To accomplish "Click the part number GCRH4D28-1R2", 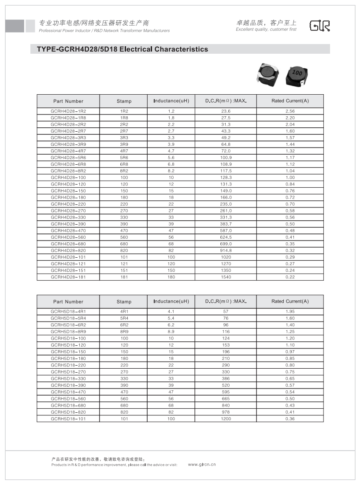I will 68,111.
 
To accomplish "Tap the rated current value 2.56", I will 290,111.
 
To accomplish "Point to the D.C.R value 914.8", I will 226,250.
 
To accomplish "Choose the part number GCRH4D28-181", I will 68,277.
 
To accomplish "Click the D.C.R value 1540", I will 226,277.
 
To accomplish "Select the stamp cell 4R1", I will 124,312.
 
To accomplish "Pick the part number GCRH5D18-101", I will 68,418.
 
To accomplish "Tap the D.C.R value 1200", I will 226,418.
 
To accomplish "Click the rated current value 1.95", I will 290,312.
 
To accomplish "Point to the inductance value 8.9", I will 171,332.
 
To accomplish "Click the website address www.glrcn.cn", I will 202,464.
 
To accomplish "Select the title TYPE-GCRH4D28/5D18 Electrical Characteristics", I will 119,49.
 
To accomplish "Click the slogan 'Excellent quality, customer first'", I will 266,30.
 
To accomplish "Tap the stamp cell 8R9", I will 124,332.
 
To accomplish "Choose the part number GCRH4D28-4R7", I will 68,151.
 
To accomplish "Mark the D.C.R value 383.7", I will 226,224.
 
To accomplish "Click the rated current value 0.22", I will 290,277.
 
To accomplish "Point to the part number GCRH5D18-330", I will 68,378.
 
